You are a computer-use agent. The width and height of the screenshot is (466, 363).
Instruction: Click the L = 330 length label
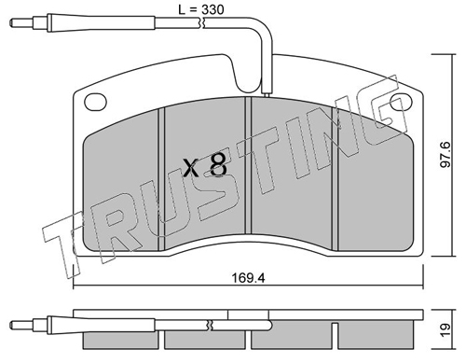pyautogui.click(x=201, y=9)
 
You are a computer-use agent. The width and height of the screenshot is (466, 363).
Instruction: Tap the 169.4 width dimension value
pyautogui.click(x=249, y=278)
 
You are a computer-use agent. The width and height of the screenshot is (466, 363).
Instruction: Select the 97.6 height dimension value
pyautogui.click(x=445, y=155)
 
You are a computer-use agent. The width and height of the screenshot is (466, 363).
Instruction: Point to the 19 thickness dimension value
pyautogui.click(x=445, y=329)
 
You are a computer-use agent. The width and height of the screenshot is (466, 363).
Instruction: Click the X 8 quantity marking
pyautogui.click(x=205, y=166)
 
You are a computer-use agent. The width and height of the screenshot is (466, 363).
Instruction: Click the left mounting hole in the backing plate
pyautogui.click(x=95, y=102)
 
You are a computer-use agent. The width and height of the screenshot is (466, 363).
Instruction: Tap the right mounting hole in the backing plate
pyautogui.click(x=401, y=103)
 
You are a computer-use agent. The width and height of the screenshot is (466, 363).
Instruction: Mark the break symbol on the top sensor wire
pyautogui.click(x=203, y=23)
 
